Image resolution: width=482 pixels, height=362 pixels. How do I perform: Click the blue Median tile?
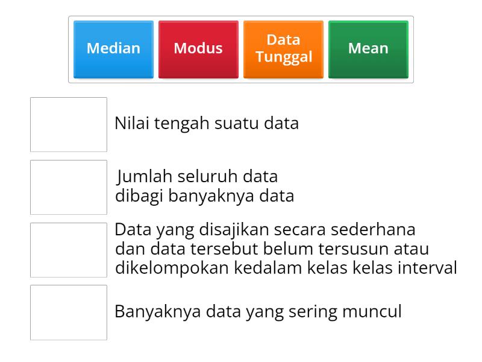pyautogui.click(x=113, y=49)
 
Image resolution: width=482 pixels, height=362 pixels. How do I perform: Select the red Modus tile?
pyautogui.click(x=198, y=49)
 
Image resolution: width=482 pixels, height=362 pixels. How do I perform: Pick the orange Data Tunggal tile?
pyautogui.click(x=283, y=49)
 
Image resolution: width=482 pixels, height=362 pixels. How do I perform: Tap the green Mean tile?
pyautogui.click(x=368, y=49)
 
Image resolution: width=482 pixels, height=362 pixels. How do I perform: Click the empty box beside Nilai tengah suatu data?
pyautogui.click(x=69, y=124)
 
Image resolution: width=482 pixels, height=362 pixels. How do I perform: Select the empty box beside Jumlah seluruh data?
pyautogui.click(x=69, y=187)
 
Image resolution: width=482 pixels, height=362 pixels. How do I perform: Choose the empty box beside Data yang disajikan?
pyautogui.click(x=69, y=250)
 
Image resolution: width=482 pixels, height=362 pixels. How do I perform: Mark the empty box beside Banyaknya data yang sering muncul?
pyautogui.click(x=69, y=313)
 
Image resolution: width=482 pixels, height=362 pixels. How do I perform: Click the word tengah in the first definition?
pyautogui.click(x=180, y=124)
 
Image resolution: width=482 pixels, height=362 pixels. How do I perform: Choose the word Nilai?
pyautogui.click(x=131, y=124)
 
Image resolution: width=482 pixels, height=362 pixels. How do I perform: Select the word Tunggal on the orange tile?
pyautogui.click(x=283, y=57)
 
